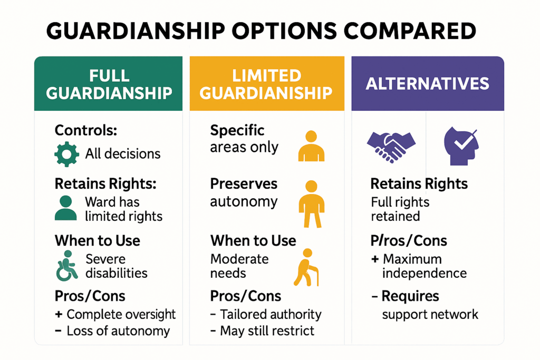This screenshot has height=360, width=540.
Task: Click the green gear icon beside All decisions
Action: click(67, 153)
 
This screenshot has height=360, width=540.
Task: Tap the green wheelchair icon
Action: click(66, 265)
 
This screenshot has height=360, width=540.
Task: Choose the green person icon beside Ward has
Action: click(65, 208)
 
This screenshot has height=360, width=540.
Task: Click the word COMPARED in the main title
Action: click(408, 31)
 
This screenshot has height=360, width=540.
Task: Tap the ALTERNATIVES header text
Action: click(428, 83)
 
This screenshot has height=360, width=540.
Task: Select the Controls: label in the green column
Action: click(86, 130)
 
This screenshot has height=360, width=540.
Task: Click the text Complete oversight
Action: click(121, 315)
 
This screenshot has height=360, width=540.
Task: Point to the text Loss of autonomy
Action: click(118, 331)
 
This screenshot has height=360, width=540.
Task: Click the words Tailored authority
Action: click(271, 315)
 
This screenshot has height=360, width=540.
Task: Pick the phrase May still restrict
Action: click(267, 331)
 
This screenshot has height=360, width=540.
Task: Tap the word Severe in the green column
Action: click(106, 259)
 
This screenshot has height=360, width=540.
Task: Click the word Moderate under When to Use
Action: click(239, 259)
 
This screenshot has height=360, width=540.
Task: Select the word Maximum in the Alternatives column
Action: click(412, 259)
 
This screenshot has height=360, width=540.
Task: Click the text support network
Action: click(430, 315)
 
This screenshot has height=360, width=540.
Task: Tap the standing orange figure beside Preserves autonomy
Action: click(311, 203)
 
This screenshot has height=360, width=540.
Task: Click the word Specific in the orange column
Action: click(237, 130)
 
